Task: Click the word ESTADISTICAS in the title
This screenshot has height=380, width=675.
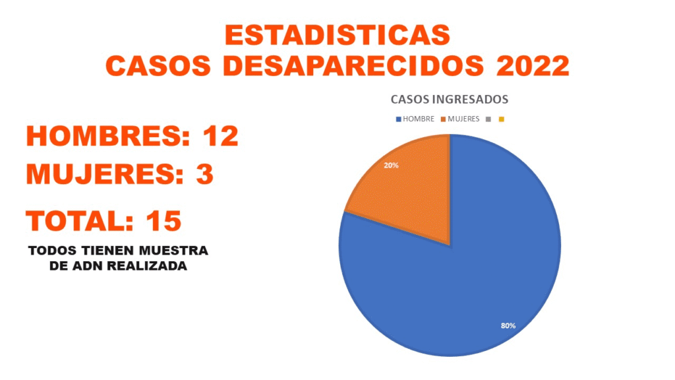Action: [337, 35]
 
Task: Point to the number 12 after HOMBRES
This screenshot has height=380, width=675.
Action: [220, 136]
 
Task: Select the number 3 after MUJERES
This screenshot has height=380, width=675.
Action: [204, 175]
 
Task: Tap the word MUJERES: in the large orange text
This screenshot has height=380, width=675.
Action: [105, 175]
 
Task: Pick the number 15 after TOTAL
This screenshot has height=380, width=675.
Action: [163, 221]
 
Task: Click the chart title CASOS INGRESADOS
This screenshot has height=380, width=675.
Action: [450, 100]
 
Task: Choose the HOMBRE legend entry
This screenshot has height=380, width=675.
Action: [415, 119]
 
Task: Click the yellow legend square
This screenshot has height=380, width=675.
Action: [502, 119]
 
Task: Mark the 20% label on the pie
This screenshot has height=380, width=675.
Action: [391, 166]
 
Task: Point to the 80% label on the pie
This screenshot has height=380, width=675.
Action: [508, 325]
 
